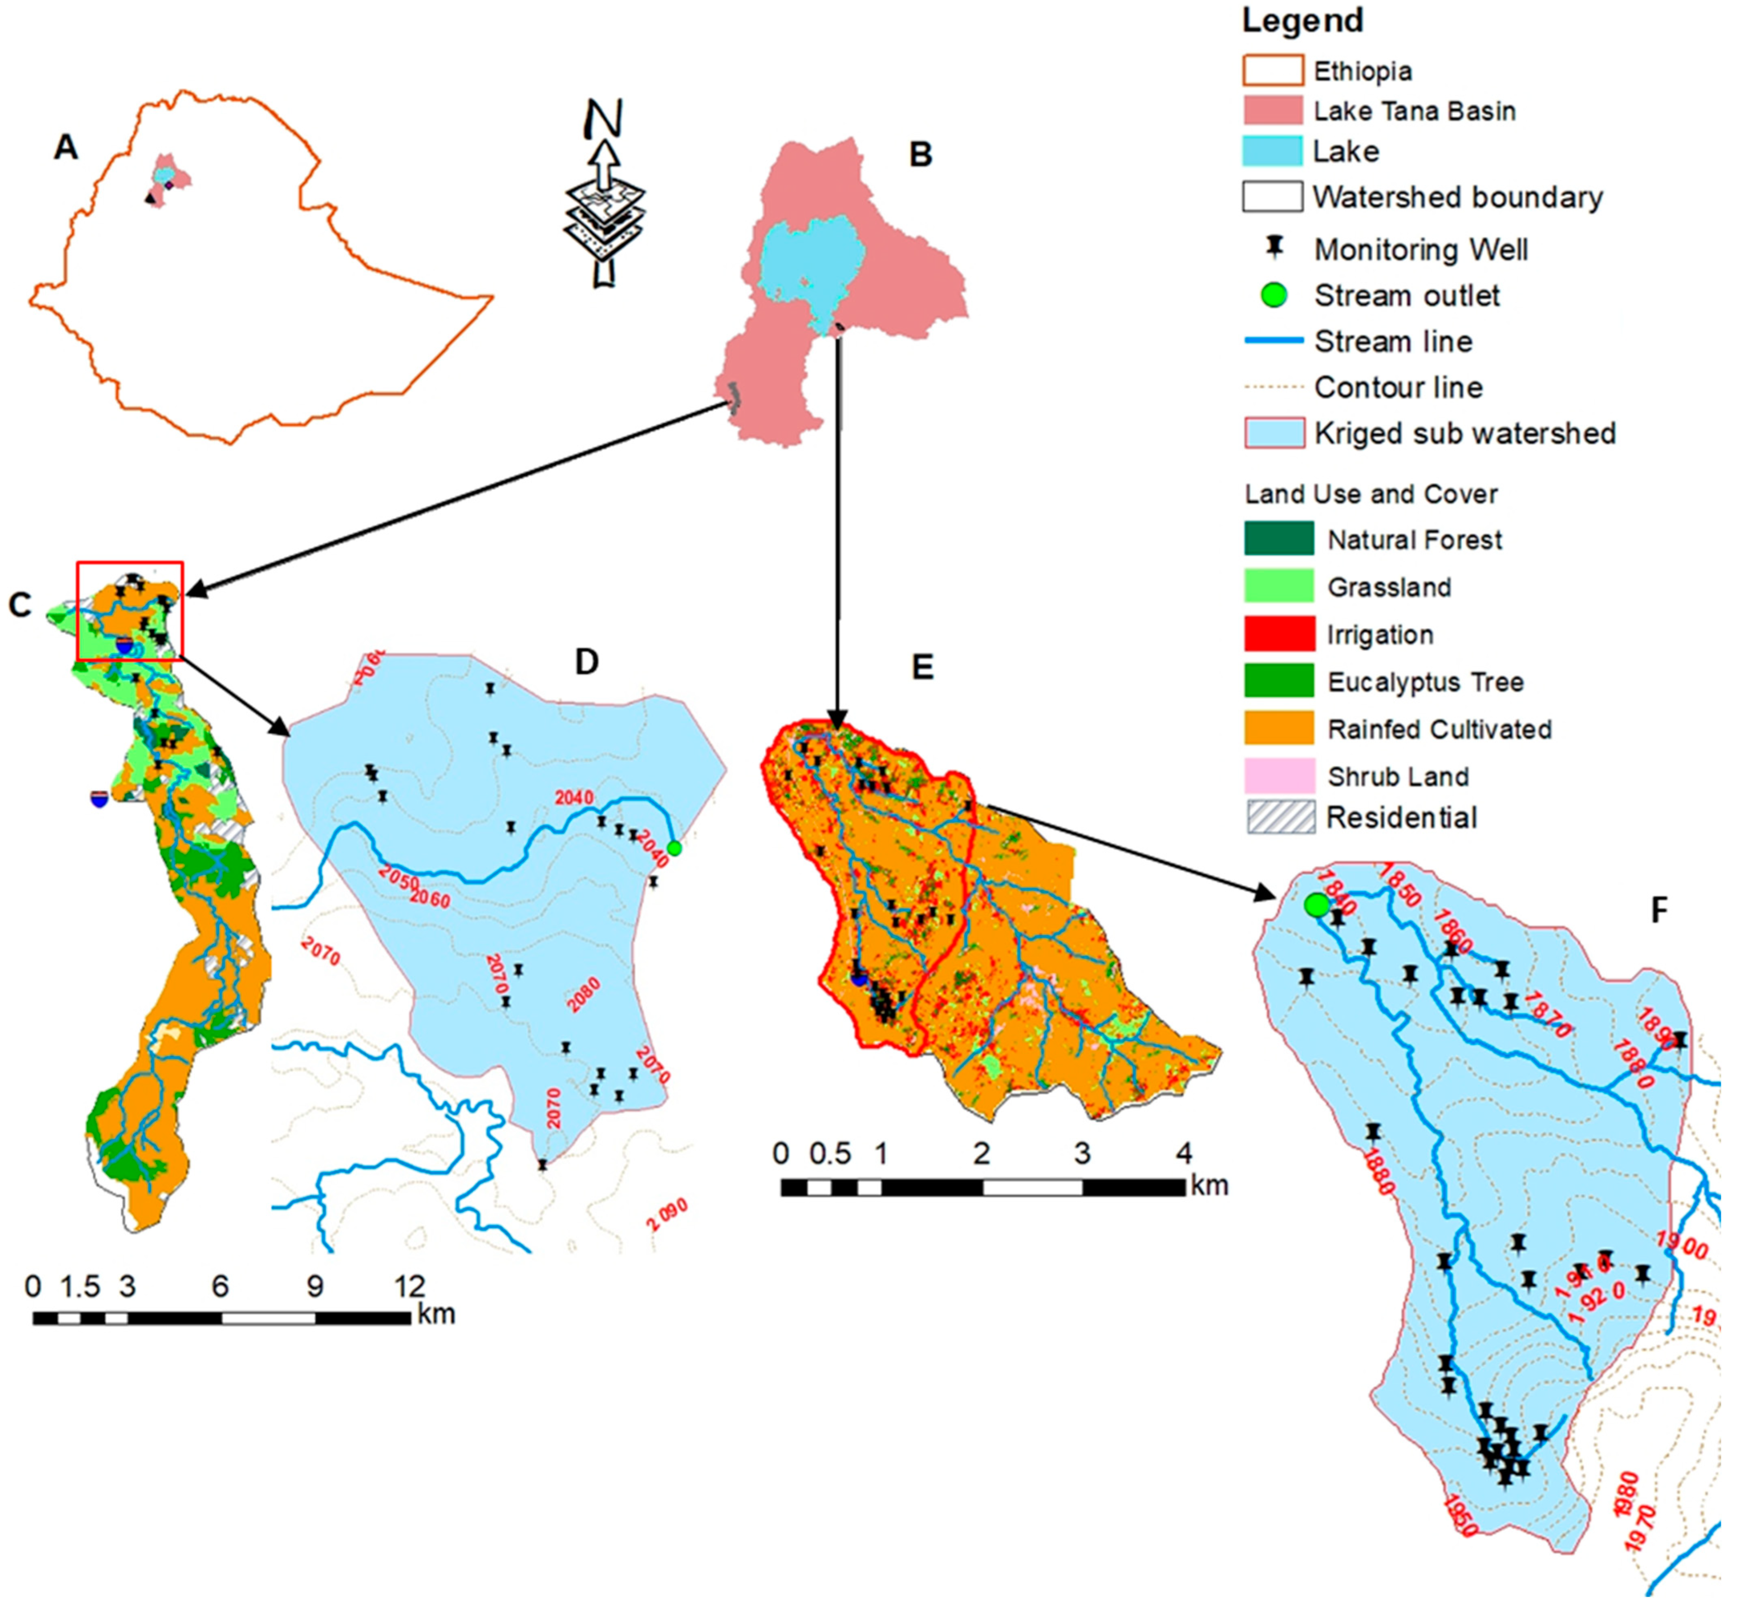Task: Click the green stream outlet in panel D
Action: click(x=673, y=848)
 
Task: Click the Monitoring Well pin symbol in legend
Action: click(x=1274, y=248)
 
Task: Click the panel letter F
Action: click(x=1659, y=910)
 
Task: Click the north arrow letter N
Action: click(x=603, y=119)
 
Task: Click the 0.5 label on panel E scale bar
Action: click(x=829, y=1154)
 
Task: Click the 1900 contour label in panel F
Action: click(x=1681, y=1246)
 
